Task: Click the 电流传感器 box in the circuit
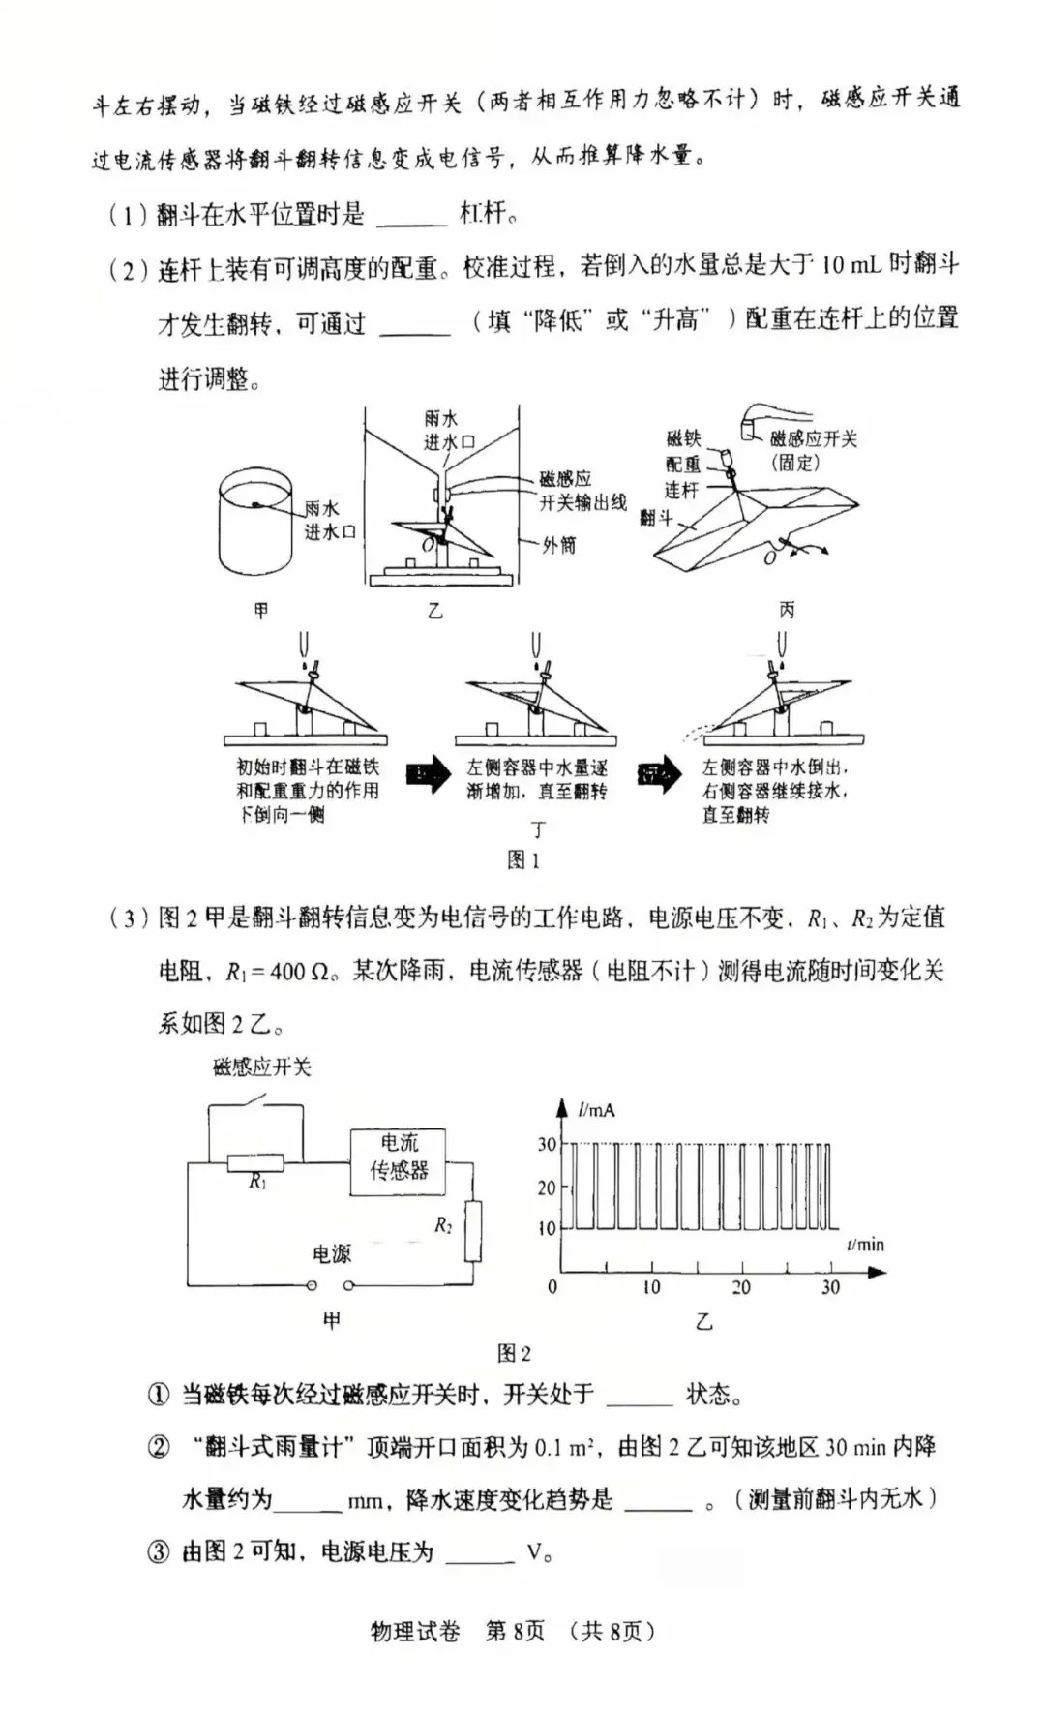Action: [399, 1161]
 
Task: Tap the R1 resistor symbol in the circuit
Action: [255, 1162]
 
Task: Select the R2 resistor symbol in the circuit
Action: [472, 1231]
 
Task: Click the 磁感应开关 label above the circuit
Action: [261, 1068]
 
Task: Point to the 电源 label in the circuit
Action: [332, 1254]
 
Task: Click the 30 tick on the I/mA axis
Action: [548, 1144]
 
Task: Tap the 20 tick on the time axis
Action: [741, 1287]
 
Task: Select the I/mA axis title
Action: [596, 1110]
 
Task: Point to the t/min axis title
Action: [865, 1244]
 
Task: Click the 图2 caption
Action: [514, 1353]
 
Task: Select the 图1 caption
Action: [523, 859]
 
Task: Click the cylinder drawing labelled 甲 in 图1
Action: [255, 524]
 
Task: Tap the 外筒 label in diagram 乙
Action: [558, 545]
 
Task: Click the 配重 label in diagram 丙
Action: [683, 465]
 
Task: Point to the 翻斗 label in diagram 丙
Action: [655, 518]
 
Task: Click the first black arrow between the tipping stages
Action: [428, 774]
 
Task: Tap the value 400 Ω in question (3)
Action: [301, 971]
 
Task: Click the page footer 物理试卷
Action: [416, 1631]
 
